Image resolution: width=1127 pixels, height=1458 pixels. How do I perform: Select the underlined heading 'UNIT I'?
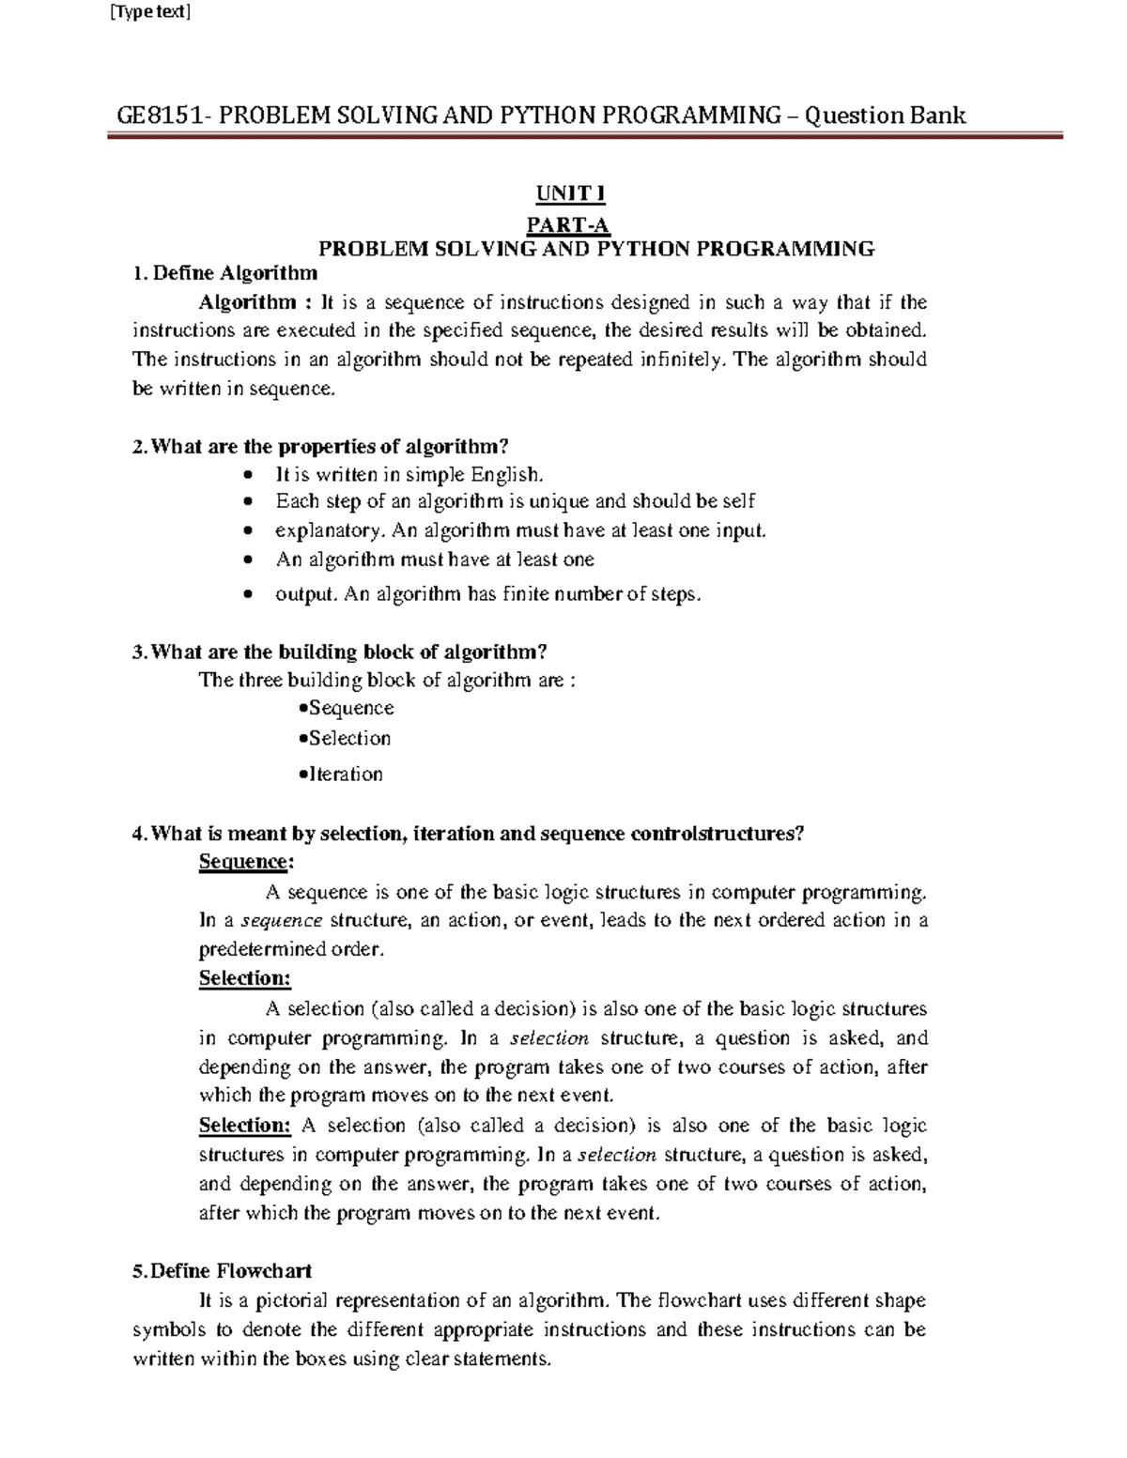click(x=570, y=194)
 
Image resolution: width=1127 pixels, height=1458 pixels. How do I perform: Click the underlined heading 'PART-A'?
click(x=568, y=224)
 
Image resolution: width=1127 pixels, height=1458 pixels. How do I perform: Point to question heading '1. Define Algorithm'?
click(x=225, y=273)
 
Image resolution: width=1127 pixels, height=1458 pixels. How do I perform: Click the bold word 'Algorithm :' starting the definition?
click(x=255, y=302)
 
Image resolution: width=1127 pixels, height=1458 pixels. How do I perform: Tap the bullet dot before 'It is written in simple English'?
click(x=247, y=475)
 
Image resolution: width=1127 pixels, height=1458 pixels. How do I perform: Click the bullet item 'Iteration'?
click(x=345, y=775)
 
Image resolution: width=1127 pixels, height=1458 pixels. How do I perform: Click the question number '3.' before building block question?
click(x=140, y=652)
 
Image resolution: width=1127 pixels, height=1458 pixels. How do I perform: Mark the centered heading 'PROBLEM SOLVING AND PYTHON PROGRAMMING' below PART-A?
click(x=596, y=249)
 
